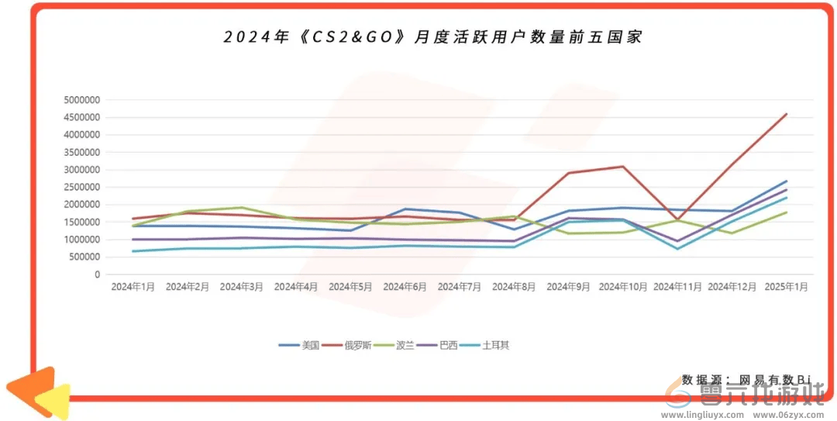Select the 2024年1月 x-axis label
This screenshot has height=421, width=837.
click(133, 287)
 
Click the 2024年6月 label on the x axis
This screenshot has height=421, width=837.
click(405, 287)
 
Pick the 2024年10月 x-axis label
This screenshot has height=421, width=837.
click(623, 287)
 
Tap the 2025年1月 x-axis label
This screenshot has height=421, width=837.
click(786, 287)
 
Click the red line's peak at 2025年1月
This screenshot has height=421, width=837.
click(787, 114)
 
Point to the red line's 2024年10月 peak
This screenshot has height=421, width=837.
click(622, 167)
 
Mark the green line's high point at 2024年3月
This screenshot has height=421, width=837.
click(242, 208)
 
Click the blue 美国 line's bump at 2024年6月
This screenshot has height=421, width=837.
click(405, 209)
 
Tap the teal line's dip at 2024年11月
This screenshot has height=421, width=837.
click(677, 248)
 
